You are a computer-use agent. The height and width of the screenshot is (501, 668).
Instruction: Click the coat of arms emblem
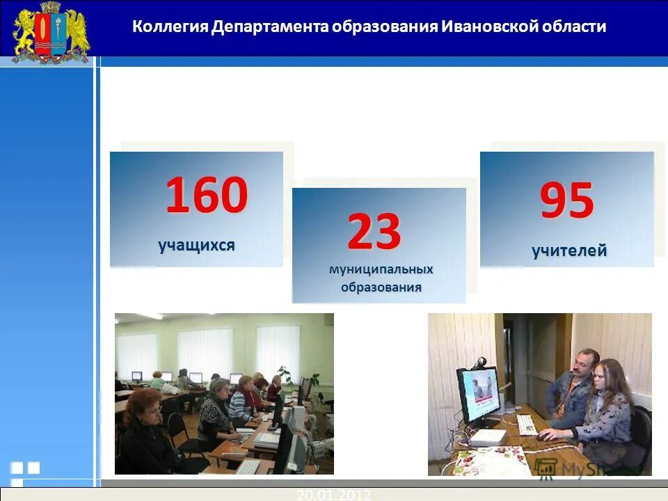point(51,31)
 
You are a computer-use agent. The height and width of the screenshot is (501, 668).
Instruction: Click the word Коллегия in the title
point(170,27)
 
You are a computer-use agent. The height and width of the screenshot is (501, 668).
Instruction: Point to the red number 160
point(206,196)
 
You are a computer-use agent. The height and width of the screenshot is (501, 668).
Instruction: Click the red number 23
point(374,231)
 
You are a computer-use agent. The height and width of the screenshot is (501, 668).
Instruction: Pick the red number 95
point(567,201)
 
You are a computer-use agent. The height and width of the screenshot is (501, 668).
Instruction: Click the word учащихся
point(196,245)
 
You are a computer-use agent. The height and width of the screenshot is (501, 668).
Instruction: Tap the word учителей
point(569,250)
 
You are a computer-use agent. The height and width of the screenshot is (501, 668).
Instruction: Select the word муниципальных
point(381,269)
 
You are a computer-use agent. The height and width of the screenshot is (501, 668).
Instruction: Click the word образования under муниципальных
point(381,287)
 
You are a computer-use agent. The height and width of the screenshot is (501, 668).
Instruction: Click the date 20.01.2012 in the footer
point(333,495)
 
